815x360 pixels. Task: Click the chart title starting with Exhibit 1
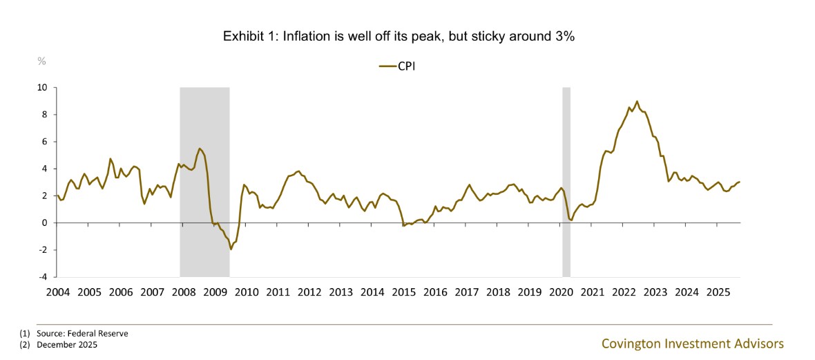point(399,37)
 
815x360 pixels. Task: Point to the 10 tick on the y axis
point(42,88)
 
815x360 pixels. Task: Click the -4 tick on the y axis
point(42,276)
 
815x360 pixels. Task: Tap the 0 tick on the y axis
point(44,222)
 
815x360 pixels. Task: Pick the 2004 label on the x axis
point(57,292)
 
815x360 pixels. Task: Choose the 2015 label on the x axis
point(404,292)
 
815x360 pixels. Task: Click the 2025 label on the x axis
point(719,292)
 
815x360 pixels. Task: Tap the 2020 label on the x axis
point(562,292)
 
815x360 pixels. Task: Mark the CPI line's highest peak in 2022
point(637,101)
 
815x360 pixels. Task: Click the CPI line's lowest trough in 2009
point(231,249)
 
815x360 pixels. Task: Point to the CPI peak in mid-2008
point(199,149)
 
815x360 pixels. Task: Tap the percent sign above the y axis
point(41,61)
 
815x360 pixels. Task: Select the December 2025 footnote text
point(67,344)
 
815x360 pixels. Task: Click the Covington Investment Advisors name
point(693,343)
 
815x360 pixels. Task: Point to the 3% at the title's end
point(565,37)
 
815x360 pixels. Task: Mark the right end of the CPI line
point(740,182)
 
